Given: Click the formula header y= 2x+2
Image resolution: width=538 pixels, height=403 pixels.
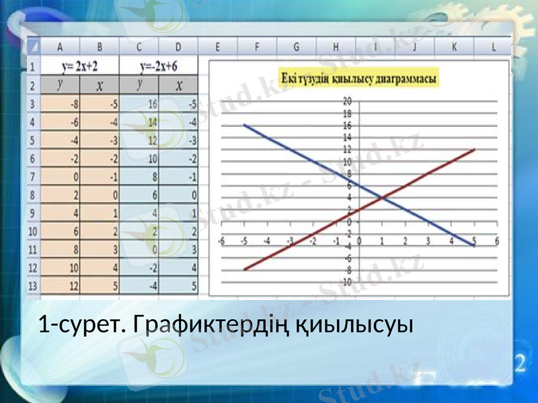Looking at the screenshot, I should coord(79,67).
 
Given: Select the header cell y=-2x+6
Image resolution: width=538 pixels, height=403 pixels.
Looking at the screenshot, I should coord(159,67).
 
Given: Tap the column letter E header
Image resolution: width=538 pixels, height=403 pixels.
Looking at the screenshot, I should coord(219,48).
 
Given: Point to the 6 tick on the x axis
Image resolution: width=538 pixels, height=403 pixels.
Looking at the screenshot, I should coord(497,240).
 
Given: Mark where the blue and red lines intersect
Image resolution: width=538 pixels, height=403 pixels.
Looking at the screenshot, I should coord(382,197).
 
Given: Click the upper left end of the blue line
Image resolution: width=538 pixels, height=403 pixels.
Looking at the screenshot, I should coord(245,125).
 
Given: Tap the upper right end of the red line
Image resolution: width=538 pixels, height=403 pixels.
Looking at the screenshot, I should coord(475,149).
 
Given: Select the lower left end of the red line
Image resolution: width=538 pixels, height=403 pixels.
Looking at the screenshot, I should coord(245,269).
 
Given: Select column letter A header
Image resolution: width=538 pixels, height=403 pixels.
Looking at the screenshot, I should coord(61,48).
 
